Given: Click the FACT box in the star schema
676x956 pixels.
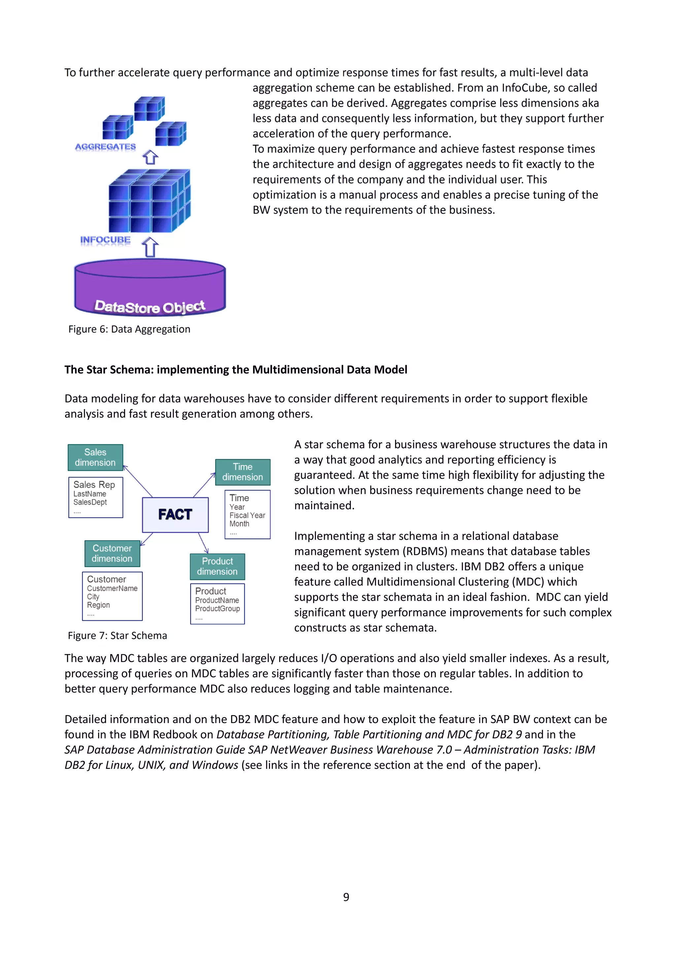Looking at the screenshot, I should click(x=175, y=515).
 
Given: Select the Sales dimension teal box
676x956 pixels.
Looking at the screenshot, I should click(x=95, y=457).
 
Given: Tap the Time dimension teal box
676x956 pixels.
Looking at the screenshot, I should click(x=242, y=472).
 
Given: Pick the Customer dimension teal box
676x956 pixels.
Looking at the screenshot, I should click(x=112, y=553).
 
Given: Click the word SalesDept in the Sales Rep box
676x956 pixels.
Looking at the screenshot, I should click(x=90, y=502).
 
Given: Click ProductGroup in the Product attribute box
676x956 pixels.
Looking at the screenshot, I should click(x=218, y=609).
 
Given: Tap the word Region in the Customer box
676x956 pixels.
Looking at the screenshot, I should click(x=98, y=605).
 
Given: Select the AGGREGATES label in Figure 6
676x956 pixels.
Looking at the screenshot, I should click(x=105, y=146).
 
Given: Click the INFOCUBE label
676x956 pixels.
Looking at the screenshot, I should click(x=105, y=240).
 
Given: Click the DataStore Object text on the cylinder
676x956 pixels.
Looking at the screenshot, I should click(x=150, y=307).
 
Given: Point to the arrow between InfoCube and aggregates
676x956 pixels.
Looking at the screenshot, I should click(x=151, y=157).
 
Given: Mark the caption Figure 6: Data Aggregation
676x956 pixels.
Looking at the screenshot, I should click(x=129, y=329).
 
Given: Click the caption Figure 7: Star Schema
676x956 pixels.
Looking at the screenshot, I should click(x=118, y=636).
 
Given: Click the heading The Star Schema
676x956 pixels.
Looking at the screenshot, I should click(x=235, y=370).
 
